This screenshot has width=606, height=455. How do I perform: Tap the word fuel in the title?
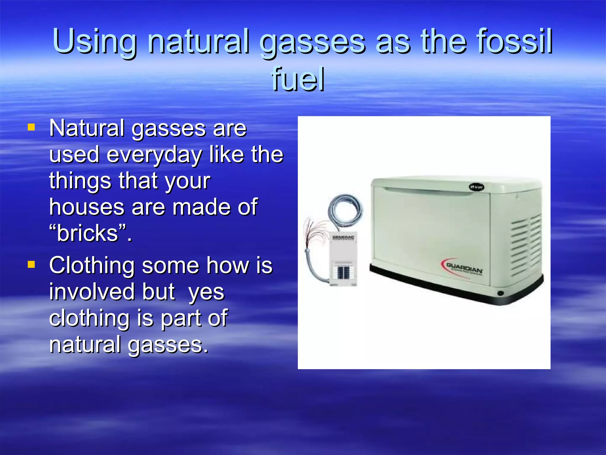(298, 79)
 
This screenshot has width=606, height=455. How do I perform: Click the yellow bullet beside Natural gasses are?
(31, 127)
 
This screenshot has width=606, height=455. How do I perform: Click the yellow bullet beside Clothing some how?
(31, 264)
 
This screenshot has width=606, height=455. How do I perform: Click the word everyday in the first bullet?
(154, 155)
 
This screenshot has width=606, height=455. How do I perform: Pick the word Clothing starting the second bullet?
(92, 265)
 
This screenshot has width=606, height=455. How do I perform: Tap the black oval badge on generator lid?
(476, 187)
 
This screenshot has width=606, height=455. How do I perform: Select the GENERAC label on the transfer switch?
(343, 238)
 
